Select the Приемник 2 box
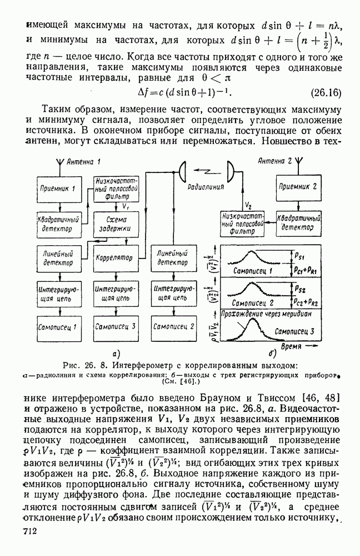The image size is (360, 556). [x=298, y=186]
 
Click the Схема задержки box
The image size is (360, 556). [x=113, y=224]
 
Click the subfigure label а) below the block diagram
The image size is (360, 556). [x=117, y=352]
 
